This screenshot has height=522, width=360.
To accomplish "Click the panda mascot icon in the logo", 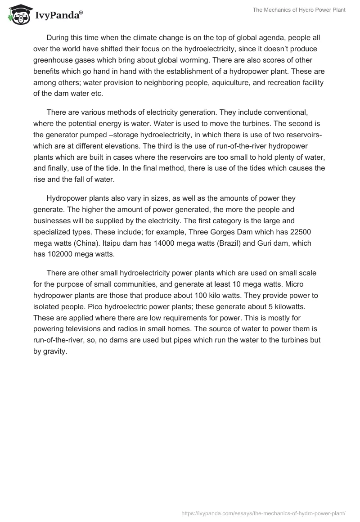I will tap(17, 15).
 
